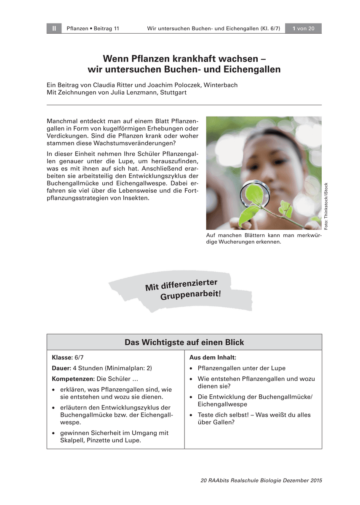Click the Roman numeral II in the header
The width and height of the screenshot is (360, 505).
click(x=54, y=29)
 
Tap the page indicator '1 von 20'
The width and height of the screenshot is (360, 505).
click(x=303, y=29)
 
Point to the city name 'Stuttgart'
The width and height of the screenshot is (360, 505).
click(x=173, y=93)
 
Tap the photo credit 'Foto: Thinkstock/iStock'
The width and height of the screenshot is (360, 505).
click(x=326, y=206)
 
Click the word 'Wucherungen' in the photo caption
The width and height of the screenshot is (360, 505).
click(x=237, y=242)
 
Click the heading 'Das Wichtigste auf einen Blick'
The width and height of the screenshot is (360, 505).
click(x=184, y=343)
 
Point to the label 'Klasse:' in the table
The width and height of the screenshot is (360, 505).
click(x=62, y=357)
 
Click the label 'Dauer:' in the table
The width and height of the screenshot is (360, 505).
click(x=61, y=368)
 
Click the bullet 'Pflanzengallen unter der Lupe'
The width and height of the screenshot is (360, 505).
click(x=241, y=368)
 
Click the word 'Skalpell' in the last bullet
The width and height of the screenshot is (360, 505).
click(x=72, y=441)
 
